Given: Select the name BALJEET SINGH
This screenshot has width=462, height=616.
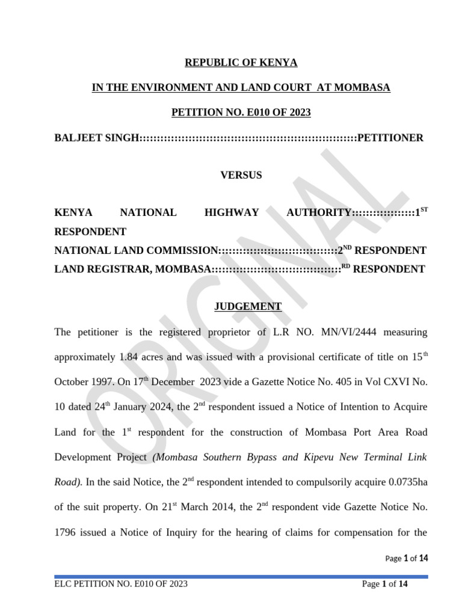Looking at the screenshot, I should click(x=97, y=138).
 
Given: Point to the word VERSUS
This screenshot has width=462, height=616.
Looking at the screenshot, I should click(x=241, y=175).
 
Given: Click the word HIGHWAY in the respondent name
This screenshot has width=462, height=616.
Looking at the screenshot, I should click(x=232, y=212).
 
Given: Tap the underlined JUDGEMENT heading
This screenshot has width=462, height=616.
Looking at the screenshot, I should click(x=248, y=306).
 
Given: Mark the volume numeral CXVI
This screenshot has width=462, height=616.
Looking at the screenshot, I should click(x=392, y=382).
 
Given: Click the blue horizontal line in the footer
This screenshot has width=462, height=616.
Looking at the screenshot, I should click(x=241, y=576).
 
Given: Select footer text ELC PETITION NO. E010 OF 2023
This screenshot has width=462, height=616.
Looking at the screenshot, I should click(x=121, y=584).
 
